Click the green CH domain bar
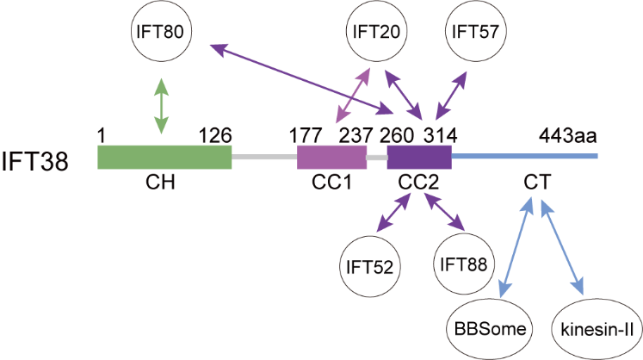(164, 158)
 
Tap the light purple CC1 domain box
(331, 158)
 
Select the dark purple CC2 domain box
(419, 158)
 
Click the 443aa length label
(568, 134)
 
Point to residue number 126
(214, 134)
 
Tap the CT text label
(535, 182)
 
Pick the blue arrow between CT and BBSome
(515, 245)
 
